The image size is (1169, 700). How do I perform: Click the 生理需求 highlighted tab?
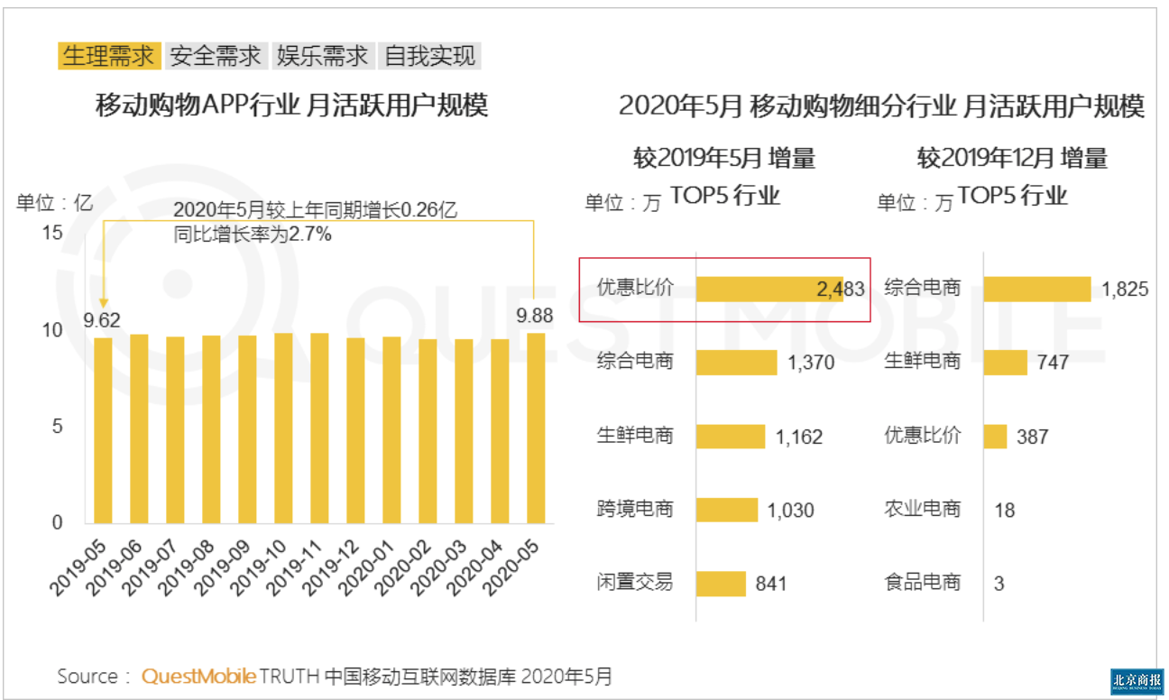(x=109, y=56)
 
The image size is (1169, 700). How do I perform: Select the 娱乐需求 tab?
(x=323, y=56)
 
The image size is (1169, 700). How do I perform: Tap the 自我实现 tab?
(x=429, y=56)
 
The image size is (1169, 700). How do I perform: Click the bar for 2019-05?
(x=103, y=430)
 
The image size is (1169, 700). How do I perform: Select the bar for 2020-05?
(x=536, y=428)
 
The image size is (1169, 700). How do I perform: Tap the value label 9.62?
(x=102, y=318)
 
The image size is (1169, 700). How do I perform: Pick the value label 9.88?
(x=534, y=315)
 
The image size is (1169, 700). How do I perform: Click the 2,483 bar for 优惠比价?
(x=769, y=289)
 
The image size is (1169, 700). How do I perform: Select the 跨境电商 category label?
(x=635, y=509)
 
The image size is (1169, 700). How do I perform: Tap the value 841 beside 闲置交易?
(x=771, y=584)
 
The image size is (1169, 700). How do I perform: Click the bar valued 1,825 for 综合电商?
(x=1036, y=289)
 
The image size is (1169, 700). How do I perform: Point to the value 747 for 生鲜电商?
(x=1053, y=363)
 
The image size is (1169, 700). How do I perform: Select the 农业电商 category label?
(x=923, y=509)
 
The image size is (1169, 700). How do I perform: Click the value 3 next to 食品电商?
(x=999, y=584)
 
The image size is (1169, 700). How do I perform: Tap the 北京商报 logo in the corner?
(x=1137, y=680)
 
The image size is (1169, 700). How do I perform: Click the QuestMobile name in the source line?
(x=198, y=677)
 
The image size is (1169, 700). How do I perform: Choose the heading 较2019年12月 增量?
(x=1012, y=160)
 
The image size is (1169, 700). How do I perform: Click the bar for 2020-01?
(x=391, y=430)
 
